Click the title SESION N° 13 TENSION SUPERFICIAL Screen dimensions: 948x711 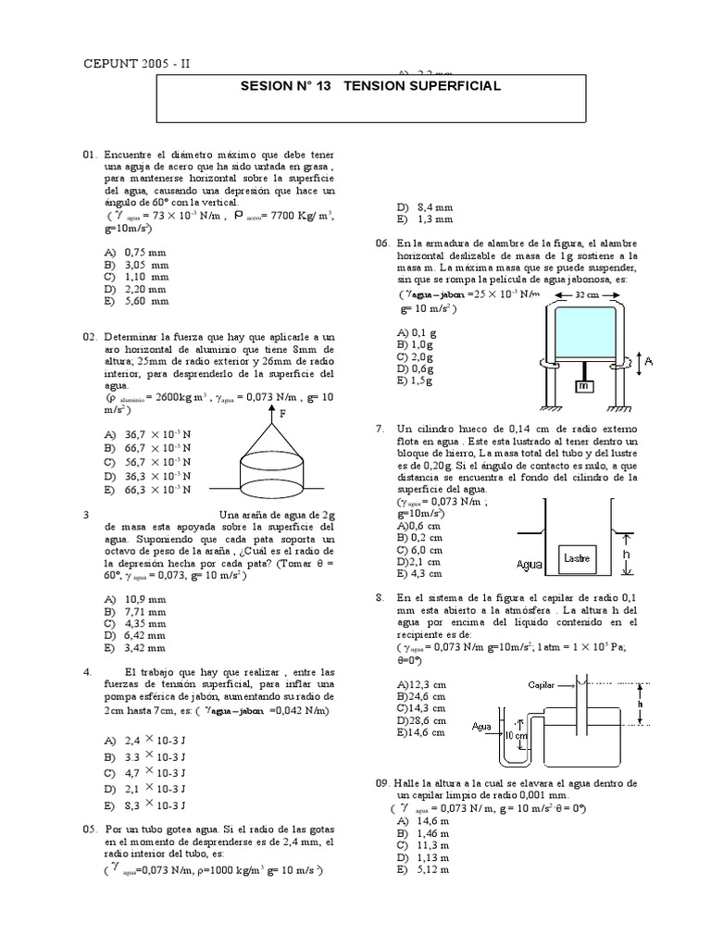[370, 86]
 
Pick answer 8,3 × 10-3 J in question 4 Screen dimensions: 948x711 [146, 805]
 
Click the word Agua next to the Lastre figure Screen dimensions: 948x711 [530, 560]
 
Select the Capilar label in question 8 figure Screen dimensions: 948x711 [543, 685]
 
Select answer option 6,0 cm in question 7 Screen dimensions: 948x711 [418, 549]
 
